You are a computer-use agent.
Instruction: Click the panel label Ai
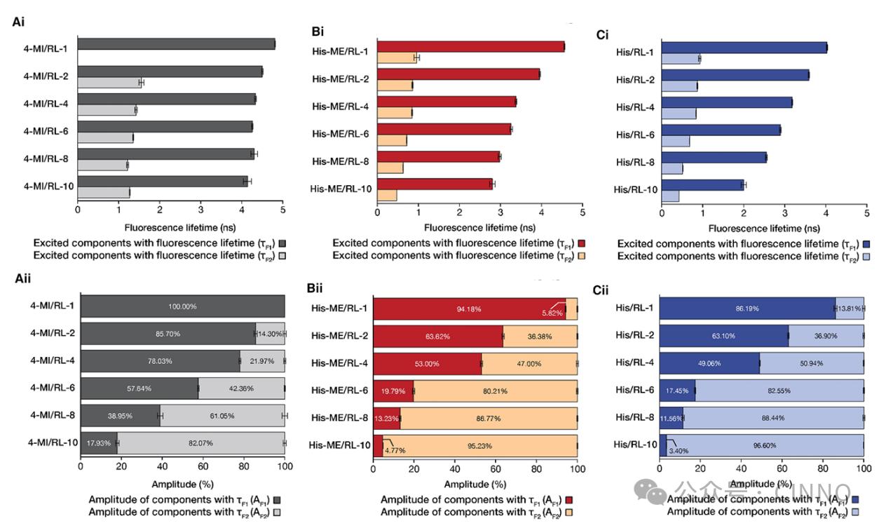pyautogui.click(x=19, y=22)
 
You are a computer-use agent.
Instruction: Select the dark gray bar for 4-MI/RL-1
pyautogui.click(x=175, y=44)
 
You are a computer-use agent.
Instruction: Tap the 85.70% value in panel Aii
pyautogui.click(x=168, y=334)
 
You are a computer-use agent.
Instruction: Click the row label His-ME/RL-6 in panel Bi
pyautogui.click(x=340, y=133)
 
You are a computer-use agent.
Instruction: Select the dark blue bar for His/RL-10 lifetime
pyautogui.click(x=702, y=184)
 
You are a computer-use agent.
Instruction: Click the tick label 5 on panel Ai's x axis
pyautogui.click(x=282, y=210)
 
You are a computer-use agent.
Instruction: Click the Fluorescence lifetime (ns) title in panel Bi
pyautogui.click(x=479, y=228)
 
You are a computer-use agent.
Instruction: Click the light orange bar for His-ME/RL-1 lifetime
pyautogui.click(x=397, y=57)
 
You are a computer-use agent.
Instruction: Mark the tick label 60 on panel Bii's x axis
pyautogui.click(x=496, y=471)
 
